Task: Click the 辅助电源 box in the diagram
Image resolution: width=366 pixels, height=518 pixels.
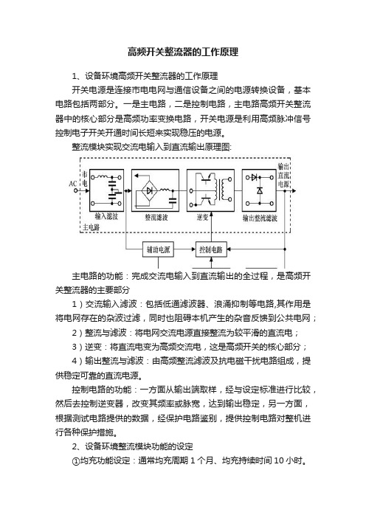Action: [158, 249]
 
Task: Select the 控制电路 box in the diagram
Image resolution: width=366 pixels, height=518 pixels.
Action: [211, 249]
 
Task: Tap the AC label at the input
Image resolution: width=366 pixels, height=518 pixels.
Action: [72, 184]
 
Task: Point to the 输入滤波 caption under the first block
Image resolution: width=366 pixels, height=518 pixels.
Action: [106, 216]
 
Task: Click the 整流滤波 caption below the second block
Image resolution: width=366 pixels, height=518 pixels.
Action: [156, 218]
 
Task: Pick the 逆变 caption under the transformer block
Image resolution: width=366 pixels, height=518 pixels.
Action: [202, 218]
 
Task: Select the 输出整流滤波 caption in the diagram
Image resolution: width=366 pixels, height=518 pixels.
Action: [260, 218]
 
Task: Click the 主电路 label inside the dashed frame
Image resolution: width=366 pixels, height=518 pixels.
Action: [91, 227]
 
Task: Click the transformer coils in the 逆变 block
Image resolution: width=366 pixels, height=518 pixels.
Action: [222, 190]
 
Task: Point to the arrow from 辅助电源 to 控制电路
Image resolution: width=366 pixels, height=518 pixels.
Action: [184, 249]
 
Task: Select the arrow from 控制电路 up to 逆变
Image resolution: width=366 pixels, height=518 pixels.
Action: [211, 227]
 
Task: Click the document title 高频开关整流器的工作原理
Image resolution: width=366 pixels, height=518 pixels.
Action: [183, 52]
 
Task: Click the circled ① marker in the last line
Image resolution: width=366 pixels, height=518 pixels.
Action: [76, 460]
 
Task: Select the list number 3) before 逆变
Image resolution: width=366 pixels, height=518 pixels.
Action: [77, 347]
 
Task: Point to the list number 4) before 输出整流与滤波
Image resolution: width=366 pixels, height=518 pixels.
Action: [77, 361]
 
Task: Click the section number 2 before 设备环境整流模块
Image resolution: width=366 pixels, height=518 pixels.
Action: [75, 446]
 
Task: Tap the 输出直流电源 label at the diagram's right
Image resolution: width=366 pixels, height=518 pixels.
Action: [283, 175]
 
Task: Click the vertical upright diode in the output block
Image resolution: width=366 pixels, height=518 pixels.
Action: [260, 190]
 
